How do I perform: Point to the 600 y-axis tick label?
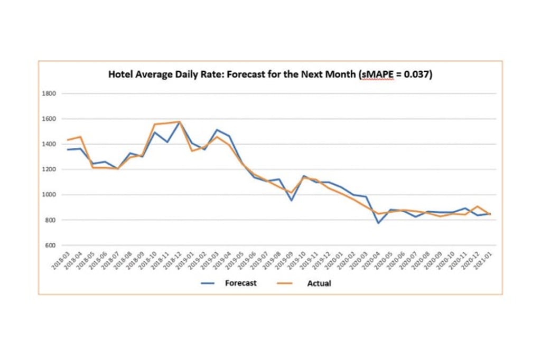50,245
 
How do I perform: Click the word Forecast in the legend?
240,283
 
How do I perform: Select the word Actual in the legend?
319,283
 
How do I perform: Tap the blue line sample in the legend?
208,283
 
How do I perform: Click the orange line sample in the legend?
285,283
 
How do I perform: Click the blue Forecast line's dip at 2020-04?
378,223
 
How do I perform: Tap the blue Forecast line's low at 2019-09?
291,201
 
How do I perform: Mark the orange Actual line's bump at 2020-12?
478,206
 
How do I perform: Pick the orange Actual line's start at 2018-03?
67,140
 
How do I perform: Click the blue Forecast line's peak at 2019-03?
217,130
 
